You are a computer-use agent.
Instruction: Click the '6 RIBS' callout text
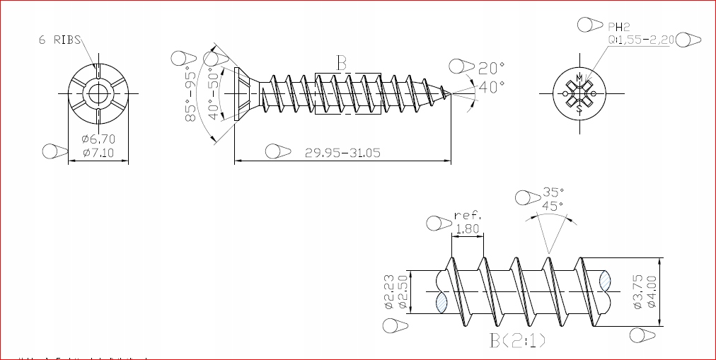[x=59, y=40]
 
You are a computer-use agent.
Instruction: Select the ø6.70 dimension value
[x=98, y=139]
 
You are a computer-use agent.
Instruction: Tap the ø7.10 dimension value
[x=98, y=152]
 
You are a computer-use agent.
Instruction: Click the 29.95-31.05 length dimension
[x=343, y=152]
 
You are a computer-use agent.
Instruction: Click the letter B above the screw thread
[x=342, y=63]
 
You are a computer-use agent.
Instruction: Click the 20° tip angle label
[x=491, y=69]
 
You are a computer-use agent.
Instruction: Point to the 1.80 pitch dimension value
[x=467, y=228]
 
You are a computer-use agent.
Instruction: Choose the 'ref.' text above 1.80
[x=468, y=215]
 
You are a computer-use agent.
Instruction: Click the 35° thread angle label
[x=554, y=192]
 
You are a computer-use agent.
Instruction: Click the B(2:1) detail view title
[x=517, y=340]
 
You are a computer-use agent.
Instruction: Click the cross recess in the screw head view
[x=579, y=93]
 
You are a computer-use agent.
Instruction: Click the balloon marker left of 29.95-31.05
[x=277, y=151]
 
